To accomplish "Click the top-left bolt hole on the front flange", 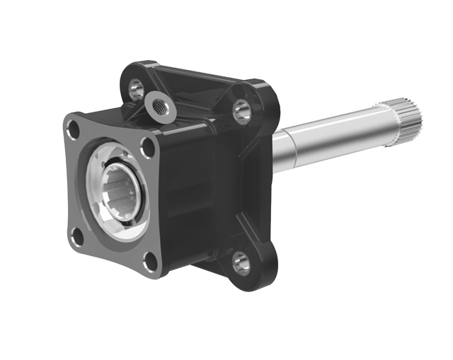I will (71, 129).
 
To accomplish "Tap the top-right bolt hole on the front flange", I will (148, 148).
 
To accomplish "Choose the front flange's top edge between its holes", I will (110, 127).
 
